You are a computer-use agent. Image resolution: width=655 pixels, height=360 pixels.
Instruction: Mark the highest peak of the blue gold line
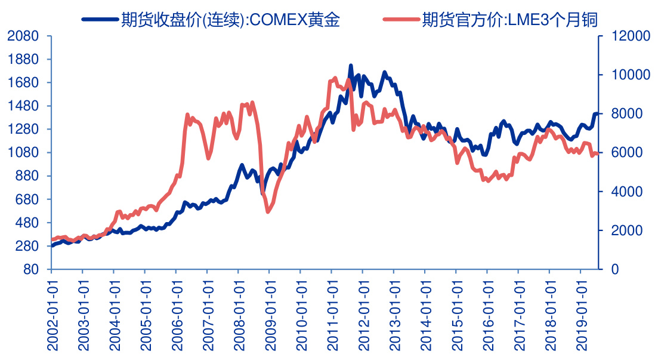click(x=351, y=66)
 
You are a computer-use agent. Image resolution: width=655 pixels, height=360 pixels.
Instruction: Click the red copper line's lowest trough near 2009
click(x=268, y=211)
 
